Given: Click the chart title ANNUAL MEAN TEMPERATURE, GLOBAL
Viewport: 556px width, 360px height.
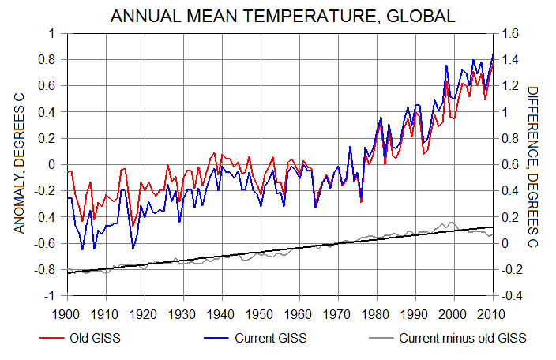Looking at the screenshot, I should [x=283, y=16].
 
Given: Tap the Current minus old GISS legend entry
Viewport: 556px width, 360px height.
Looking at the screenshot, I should [x=462, y=339].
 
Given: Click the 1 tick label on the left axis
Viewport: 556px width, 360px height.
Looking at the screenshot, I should [x=54, y=34].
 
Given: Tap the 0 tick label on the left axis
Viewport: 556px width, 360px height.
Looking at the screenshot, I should [x=54, y=165].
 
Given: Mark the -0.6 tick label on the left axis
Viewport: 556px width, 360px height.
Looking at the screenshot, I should [x=48, y=243].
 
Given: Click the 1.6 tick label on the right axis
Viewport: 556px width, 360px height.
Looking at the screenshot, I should [x=507, y=34].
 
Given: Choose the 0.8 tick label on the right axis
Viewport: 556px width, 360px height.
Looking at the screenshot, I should [x=507, y=138].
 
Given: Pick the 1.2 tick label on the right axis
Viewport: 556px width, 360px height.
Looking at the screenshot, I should [x=507, y=86].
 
